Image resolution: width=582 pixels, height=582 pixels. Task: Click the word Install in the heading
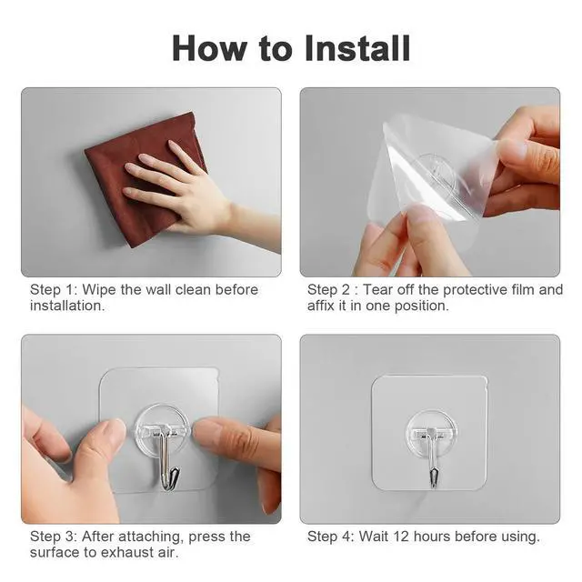tap(357, 48)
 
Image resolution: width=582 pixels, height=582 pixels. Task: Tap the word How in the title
tap(210, 48)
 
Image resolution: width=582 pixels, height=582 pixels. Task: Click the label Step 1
tap(54, 290)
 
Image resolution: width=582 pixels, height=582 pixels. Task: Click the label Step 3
tap(54, 537)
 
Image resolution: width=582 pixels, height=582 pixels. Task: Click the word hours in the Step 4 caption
tap(432, 537)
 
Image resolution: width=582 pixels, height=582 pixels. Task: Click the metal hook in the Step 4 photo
tap(432, 458)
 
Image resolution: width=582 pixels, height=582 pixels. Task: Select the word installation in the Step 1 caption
tap(67, 306)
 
